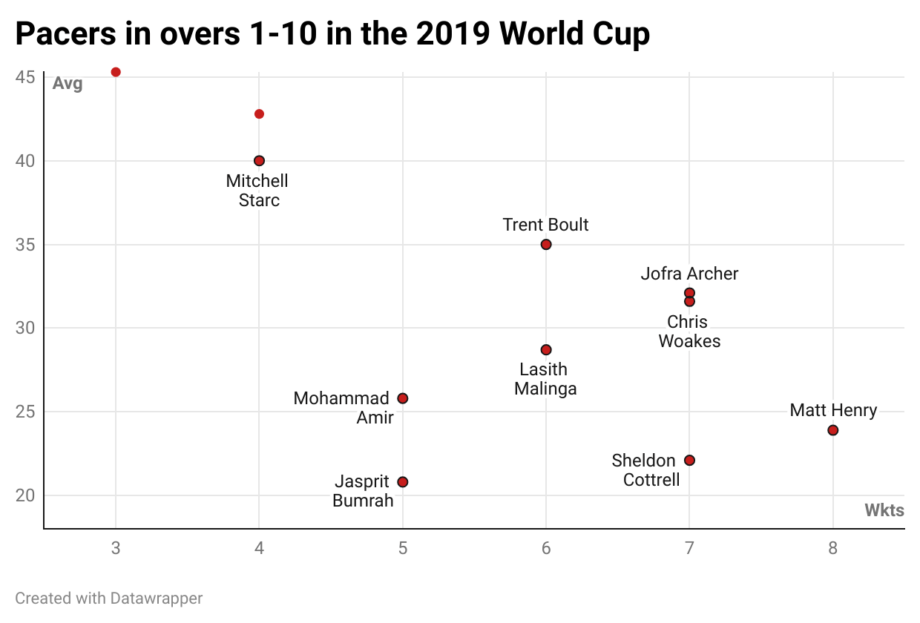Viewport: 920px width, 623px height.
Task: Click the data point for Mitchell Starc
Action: coord(259,161)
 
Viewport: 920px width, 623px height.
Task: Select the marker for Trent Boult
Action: coord(546,245)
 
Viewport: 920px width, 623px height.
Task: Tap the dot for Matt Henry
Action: coord(833,430)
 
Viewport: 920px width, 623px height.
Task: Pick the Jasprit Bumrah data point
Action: coord(403,482)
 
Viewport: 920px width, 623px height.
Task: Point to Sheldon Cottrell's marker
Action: coord(689,461)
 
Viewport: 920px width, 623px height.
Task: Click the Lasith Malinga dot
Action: coord(546,350)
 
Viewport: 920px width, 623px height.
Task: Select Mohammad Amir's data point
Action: coord(403,398)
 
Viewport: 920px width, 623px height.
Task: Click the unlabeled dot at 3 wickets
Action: coord(116,72)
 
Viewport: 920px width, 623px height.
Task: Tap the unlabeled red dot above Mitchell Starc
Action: coord(259,114)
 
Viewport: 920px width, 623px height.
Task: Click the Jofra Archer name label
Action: coord(689,274)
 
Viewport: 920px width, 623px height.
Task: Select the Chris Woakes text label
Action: coord(689,332)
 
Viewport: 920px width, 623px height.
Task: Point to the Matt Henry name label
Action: coord(833,410)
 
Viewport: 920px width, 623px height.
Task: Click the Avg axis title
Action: coord(68,84)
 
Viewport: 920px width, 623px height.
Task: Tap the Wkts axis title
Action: coord(884,510)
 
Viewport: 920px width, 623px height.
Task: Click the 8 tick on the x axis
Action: coord(833,549)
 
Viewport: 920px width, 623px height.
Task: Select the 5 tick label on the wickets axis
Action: coord(403,549)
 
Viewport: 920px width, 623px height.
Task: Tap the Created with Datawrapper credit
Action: coord(108,598)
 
